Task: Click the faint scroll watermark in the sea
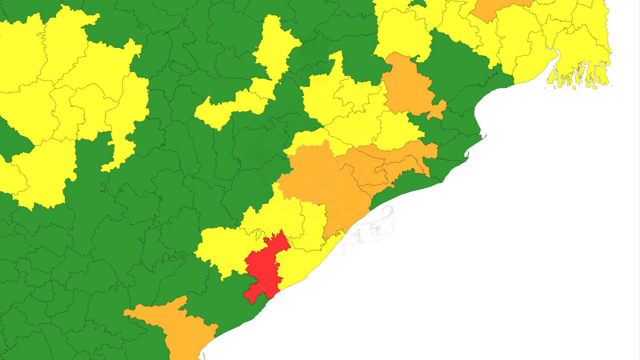click(370, 230)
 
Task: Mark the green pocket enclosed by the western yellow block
click(12, 140)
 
